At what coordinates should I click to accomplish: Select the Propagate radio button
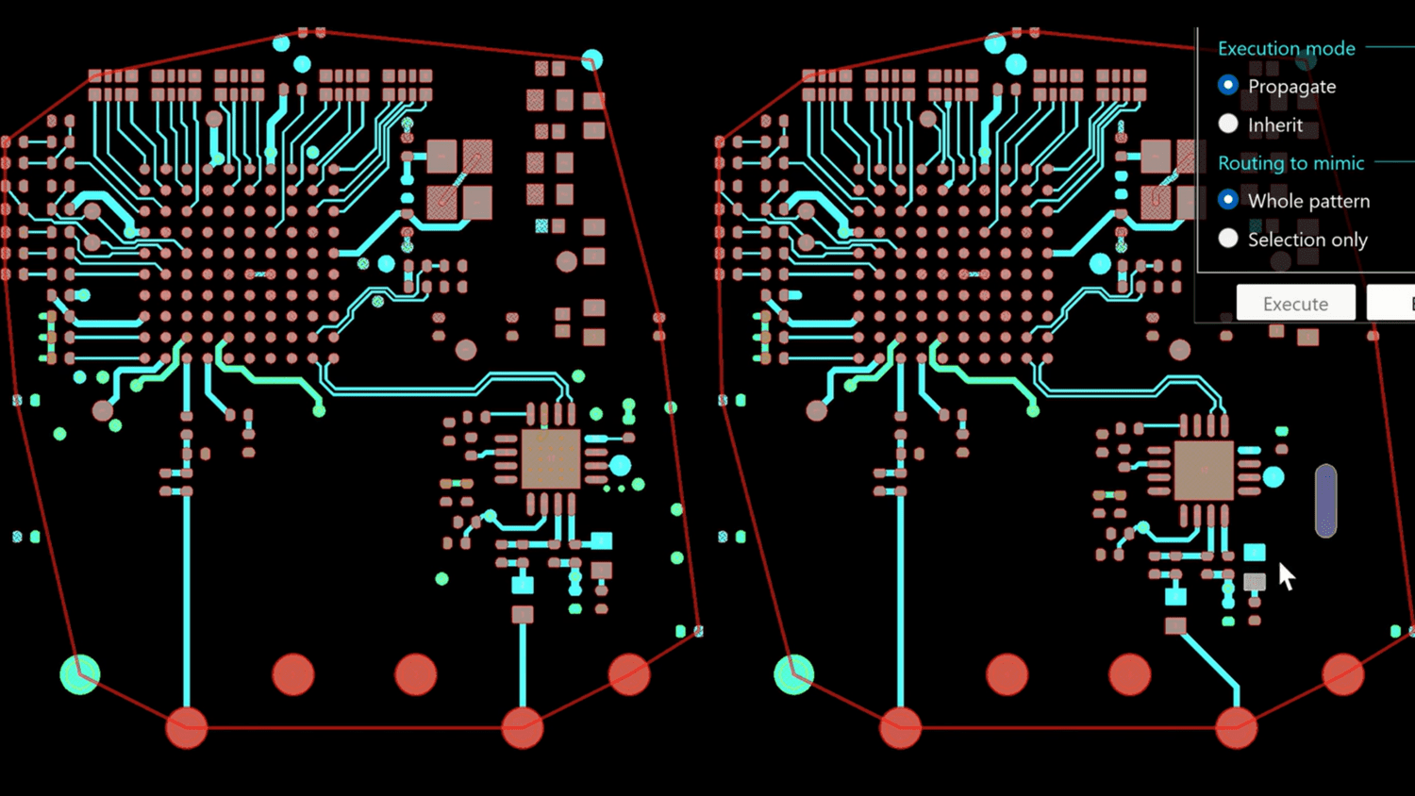tap(1228, 86)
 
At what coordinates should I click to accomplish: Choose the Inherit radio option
tap(1228, 124)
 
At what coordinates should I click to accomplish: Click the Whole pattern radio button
tap(1228, 200)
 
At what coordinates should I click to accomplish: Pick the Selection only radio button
tap(1228, 239)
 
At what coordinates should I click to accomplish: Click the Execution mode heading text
tap(1286, 48)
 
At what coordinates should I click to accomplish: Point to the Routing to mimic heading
tap(1290, 163)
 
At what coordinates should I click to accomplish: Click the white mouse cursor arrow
tap(1286, 574)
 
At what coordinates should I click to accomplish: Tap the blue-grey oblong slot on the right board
tap(1325, 500)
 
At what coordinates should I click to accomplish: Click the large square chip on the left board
tap(550, 459)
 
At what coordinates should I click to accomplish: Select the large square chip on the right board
tap(1204, 470)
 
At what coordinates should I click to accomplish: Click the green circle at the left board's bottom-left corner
tap(80, 674)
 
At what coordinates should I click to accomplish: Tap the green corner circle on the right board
tap(793, 674)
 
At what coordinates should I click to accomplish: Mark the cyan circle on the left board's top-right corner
tap(591, 60)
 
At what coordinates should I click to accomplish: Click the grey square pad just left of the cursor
tap(1254, 582)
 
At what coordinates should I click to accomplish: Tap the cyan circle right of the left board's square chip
tap(620, 465)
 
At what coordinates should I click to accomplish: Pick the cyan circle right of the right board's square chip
tap(1273, 477)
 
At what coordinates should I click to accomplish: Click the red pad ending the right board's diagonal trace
tap(1236, 727)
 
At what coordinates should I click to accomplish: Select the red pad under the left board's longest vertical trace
tap(187, 727)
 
